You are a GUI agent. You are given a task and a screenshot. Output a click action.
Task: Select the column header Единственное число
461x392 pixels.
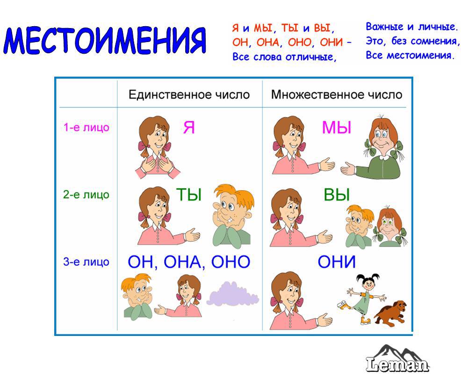pyautogui.click(x=189, y=95)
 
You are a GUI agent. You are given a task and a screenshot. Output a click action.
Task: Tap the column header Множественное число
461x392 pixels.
pyautogui.click(x=336, y=95)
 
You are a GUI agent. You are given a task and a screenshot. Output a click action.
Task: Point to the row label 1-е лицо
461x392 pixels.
pyautogui.click(x=86, y=127)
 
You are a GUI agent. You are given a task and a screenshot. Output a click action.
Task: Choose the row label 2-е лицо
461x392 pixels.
pyautogui.click(x=86, y=194)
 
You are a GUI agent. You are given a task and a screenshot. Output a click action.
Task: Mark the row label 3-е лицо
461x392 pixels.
pyautogui.click(x=86, y=262)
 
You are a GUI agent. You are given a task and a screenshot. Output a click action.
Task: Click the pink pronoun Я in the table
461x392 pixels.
pyautogui.click(x=189, y=128)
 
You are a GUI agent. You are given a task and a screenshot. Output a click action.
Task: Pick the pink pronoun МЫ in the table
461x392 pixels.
pyautogui.click(x=337, y=128)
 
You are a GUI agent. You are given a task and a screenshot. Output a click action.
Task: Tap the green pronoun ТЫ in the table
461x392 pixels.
pyautogui.click(x=189, y=194)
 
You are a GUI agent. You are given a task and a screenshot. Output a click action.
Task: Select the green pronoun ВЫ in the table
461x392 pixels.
pyautogui.click(x=337, y=194)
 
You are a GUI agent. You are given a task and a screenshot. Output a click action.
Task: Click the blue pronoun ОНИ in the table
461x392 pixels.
pyautogui.click(x=337, y=262)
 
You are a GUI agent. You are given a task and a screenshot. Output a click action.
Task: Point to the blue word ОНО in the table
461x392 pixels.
pyautogui.click(x=231, y=262)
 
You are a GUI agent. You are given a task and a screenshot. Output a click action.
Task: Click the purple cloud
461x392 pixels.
pyautogui.click(x=233, y=294)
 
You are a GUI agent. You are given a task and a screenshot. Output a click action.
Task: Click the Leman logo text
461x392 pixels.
pyautogui.click(x=397, y=364)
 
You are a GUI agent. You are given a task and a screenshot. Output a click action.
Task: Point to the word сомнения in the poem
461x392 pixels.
pyautogui.click(x=434, y=41)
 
